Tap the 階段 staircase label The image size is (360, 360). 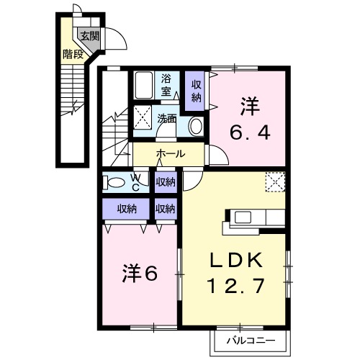(72, 53)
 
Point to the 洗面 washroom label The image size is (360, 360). (167, 120)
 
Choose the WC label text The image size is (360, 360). (137, 181)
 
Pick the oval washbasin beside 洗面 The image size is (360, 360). (194, 126)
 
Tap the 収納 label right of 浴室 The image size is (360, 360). (196, 89)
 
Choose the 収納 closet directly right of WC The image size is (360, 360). (166, 182)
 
